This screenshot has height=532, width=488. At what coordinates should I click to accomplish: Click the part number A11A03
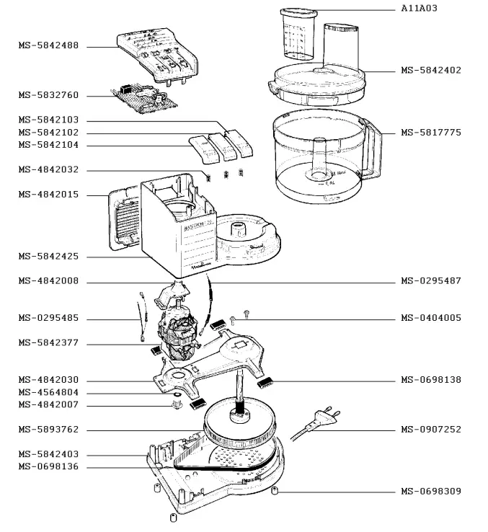point(420,8)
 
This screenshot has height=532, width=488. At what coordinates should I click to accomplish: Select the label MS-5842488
point(48,45)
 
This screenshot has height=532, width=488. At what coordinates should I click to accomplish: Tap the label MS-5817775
point(431,133)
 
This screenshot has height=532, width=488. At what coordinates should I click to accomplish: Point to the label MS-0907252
point(431,430)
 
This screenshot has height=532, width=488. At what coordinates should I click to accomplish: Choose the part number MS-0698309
point(431,492)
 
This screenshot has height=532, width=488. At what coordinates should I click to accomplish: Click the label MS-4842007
point(48,405)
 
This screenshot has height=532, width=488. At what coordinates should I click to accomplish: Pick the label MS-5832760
point(48,95)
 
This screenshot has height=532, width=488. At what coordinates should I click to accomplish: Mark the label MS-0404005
point(431,318)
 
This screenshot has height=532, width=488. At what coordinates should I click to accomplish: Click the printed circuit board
point(144,99)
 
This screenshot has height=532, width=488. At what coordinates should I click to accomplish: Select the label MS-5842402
point(431,71)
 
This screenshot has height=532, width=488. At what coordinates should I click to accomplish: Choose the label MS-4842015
point(48,195)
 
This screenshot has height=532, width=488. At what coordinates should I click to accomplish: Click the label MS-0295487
point(431,281)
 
